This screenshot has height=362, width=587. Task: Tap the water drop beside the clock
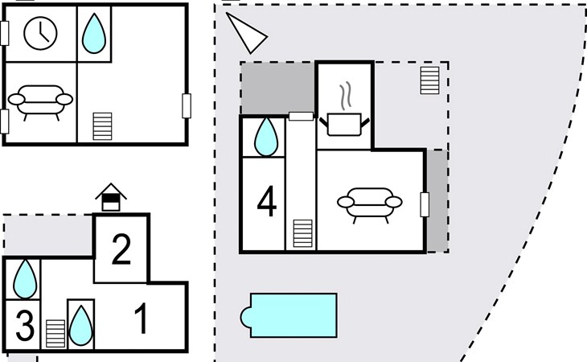click(x=95, y=34)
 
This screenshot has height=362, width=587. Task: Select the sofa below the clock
click(x=40, y=101)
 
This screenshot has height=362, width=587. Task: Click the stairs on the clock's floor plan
click(x=103, y=126)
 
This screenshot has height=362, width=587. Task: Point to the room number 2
click(x=121, y=250)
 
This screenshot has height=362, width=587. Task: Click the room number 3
click(x=24, y=327)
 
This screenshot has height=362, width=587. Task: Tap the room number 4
click(x=266, y=202)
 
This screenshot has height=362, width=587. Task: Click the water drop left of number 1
click(x=80, y=325)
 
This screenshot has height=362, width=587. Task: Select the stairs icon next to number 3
click(x=55, y=333)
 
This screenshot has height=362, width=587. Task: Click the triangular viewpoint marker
click(x=246, y=33)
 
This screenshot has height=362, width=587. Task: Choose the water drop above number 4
click(x=266, y=137)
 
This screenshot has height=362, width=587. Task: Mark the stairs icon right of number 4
click(x=302, y=233)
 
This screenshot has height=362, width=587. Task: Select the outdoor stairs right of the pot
click(x=430, y=80)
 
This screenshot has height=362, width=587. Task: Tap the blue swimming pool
click(x=290, y=315)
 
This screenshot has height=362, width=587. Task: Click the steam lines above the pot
click(x=346, y=96)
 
